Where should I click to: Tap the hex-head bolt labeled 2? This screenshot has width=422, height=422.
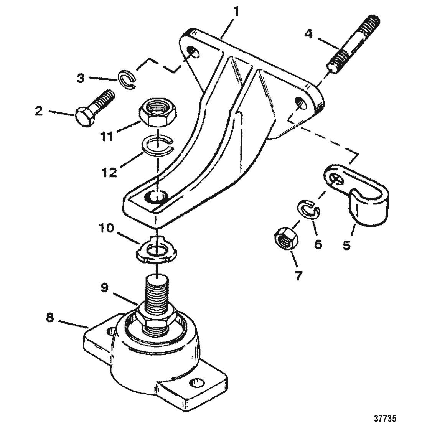95,108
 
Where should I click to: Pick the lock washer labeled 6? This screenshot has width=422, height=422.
308,209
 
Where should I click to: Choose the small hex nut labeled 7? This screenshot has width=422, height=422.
286,238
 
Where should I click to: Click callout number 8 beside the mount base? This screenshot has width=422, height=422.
50,318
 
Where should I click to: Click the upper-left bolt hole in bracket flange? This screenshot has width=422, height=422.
193,51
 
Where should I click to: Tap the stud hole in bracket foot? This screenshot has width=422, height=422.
156,196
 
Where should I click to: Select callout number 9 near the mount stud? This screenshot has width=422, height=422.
104,288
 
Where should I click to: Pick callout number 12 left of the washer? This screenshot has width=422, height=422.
109,172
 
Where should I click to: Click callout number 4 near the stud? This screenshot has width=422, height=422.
309,34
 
